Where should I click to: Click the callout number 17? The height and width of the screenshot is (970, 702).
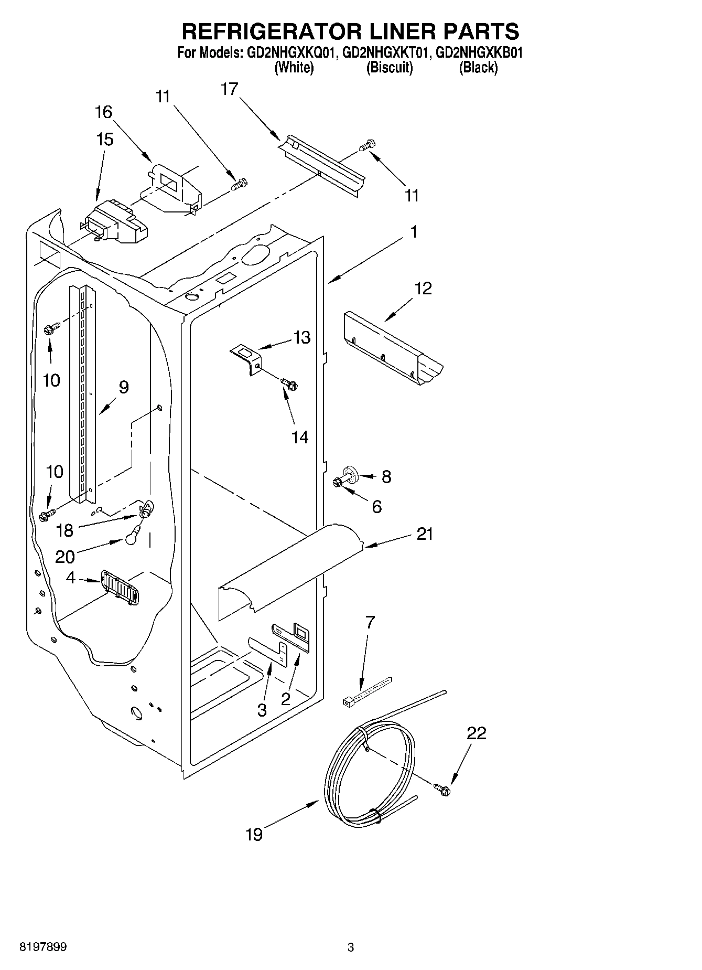click(229, 89)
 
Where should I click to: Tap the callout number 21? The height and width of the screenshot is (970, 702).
click(425, 534)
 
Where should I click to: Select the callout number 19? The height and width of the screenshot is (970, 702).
click(254, 834)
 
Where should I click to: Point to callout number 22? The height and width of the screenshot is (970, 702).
click(477, 733)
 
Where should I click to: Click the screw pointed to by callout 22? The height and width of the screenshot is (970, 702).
click(442, 789)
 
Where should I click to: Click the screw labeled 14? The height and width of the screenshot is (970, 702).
click(289, 384)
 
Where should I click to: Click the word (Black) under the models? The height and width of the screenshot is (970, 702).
click(478, 68)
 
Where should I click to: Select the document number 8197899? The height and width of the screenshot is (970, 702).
click(43, 947)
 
